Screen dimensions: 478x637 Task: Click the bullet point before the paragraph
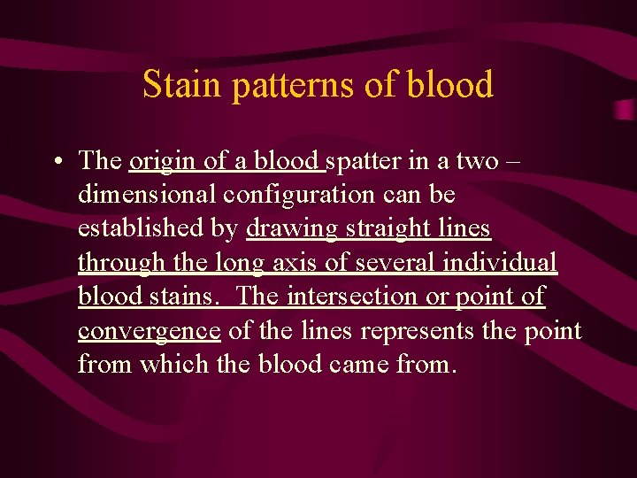(56, 161)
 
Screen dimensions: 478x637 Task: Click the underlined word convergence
(149, 331)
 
